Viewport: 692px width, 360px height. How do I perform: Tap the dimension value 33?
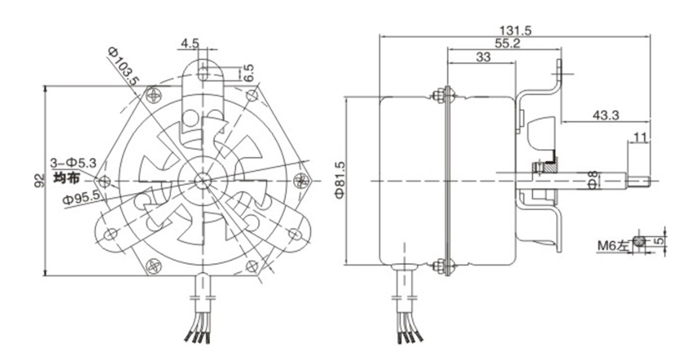[482, 59]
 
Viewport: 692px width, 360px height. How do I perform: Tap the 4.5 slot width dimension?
[190, 42]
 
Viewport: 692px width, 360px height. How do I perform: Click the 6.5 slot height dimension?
[249, 72]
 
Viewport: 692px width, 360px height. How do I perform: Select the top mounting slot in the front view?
[202, 72]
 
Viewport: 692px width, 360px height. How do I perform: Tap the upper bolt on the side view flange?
[443, 94]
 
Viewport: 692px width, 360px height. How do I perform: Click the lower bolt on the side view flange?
[443, 266]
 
